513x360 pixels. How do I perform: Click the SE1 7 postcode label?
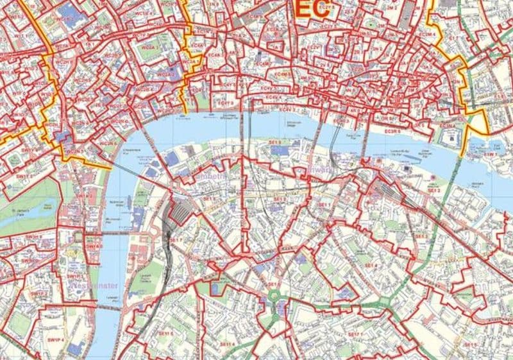point(176,239)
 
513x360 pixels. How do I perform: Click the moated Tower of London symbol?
point(450,135)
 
